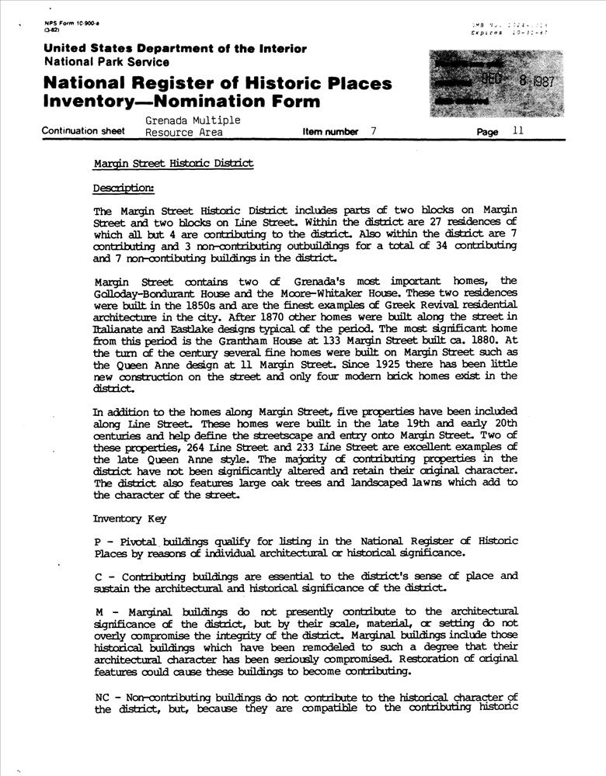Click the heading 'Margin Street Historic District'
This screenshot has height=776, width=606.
point(172,165)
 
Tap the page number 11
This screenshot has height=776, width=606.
point(518,132)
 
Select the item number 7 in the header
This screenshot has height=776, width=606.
point(373,132)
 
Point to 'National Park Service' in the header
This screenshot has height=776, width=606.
point(106,61)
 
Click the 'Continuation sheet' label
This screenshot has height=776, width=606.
point(83,132)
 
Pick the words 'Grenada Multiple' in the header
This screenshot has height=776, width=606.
point(193,120)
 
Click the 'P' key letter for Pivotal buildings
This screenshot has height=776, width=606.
point(96,541)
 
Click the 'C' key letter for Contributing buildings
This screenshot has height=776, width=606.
point(96,577)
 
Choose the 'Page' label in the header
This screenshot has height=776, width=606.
point(488,133)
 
